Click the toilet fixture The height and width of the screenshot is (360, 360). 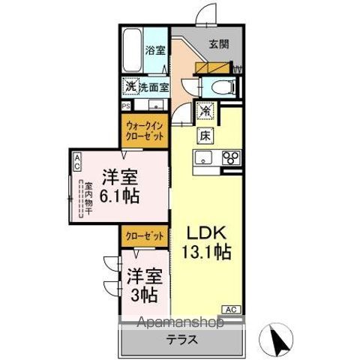(x=222, y=86)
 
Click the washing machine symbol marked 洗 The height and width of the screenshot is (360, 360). (x=130, y=86)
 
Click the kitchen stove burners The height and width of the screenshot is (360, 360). (x=232, y=157)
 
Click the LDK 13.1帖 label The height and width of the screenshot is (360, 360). (x=203, y=241)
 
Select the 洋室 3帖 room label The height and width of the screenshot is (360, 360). (x=142, y=284)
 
